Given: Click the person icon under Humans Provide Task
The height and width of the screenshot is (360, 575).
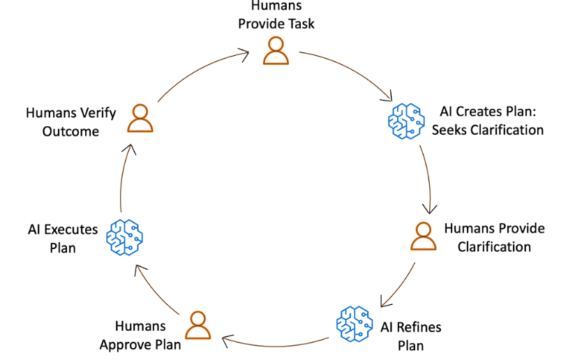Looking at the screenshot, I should [276, 50].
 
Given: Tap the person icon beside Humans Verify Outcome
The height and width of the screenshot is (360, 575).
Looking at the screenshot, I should [140, 118].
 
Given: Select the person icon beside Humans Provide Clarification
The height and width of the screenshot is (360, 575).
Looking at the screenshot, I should [423, 236].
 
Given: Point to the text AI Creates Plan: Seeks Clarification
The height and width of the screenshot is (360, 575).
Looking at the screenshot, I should [491, 120].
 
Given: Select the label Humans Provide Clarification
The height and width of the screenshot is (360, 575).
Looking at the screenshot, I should [494, 237].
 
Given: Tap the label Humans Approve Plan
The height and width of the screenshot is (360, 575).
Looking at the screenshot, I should [140, 335].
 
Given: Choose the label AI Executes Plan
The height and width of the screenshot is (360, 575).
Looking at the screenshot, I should [63, 238].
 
